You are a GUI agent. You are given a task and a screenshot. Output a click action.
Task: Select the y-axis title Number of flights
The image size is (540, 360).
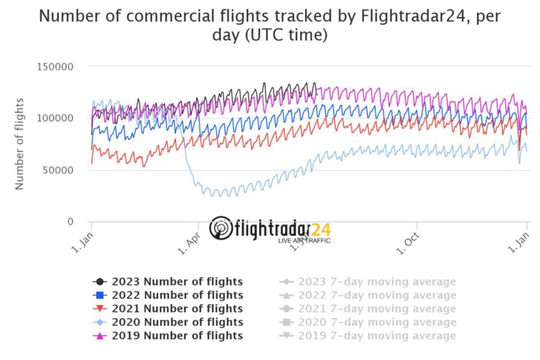(19, 144)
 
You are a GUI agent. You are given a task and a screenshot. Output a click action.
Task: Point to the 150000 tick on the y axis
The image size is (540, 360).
(55, 67)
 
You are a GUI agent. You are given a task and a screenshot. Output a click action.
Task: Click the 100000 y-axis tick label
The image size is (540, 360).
(55, 118)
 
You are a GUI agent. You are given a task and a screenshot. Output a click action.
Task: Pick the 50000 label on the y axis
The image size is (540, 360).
(58, 170)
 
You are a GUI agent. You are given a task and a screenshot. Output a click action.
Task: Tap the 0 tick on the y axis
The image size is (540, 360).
(70, 222)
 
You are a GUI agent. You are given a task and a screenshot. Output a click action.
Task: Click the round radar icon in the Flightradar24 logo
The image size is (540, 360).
(221, 228)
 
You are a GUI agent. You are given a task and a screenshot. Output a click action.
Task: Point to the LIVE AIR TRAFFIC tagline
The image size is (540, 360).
(304, 241)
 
